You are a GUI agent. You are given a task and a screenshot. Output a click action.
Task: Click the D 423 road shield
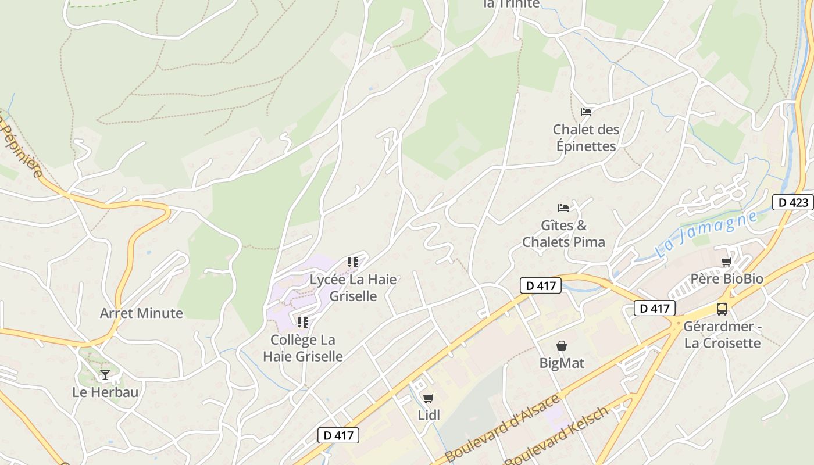tap(793, 202)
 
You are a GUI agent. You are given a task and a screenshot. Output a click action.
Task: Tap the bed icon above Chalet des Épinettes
tap(586, 112)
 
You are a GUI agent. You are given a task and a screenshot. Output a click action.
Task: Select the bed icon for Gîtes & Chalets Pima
tap(563, 208)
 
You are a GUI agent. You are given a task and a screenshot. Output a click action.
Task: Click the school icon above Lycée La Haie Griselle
tap(352, 262)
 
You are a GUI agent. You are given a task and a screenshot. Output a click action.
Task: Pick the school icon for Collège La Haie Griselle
tap(302, 322)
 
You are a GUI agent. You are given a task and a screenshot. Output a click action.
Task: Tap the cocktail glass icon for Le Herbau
tap(105, 375)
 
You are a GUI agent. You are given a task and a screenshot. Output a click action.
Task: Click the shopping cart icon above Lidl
tap(429, 398)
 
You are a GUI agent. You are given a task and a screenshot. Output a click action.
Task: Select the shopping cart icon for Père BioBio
tap(726, 262)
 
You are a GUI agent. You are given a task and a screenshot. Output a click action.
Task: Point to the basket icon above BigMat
tap(562, 346)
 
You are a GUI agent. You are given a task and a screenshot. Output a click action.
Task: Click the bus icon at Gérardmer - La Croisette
tap(722, 309)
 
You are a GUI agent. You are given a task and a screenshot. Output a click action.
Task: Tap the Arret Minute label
tap(141, 313)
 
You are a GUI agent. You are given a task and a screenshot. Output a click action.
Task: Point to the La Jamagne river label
tap(706, 234)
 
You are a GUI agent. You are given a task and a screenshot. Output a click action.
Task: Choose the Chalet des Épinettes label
tap(586, 138)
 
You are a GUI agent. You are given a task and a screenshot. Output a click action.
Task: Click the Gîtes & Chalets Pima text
tap(564, 234)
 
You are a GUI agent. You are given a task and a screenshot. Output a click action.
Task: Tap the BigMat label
tap(562, 363)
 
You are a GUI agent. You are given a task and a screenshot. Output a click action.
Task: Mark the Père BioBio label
tap(727, 279)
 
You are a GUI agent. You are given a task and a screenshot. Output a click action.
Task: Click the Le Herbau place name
tap(105, 392)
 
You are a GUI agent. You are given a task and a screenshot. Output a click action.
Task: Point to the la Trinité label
tap(512, 4)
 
